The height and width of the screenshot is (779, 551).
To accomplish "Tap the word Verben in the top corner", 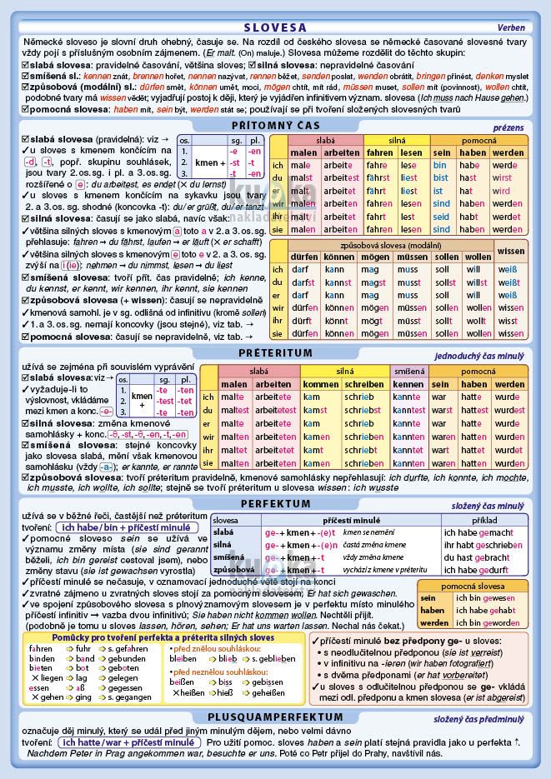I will pos(511,27).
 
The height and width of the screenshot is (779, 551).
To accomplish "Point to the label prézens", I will pos(508,127).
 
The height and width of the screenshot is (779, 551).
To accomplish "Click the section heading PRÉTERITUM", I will pos(275,353).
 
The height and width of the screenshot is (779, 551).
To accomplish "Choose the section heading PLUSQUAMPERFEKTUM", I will pos(275,717).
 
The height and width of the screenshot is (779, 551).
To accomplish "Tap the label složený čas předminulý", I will pos(478,717).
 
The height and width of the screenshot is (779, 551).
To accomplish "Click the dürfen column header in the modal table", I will pos(305,256).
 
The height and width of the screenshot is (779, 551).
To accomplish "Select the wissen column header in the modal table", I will pos(510,251).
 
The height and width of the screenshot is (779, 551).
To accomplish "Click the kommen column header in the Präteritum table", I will pos(321,384).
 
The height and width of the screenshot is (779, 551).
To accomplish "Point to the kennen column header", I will pos(408,384).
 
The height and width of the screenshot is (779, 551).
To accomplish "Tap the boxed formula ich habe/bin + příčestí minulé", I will pos(124,527).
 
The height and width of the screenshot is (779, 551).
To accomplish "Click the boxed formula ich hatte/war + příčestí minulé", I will pos(130,741).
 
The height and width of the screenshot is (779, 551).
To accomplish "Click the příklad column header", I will pos(483,519).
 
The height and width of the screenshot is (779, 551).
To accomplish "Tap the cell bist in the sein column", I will pos(441,177).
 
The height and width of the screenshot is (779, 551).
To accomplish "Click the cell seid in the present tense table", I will pos(441,217).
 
